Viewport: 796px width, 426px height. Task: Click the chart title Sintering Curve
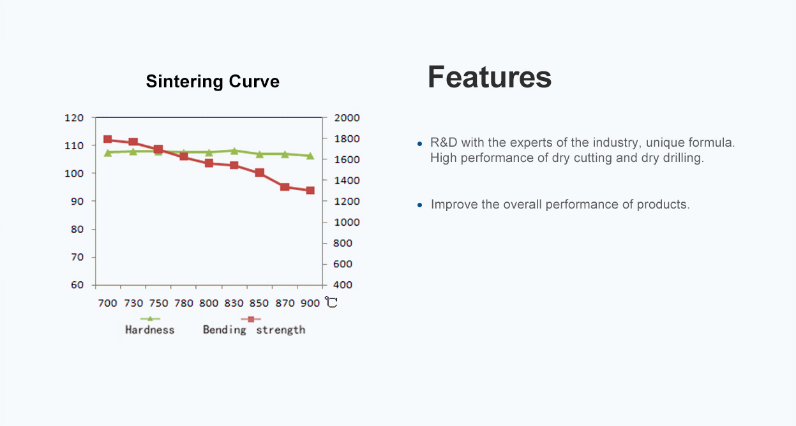point(213,82)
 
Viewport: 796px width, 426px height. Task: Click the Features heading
point(489,77)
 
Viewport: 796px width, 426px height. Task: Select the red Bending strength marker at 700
point(108,140)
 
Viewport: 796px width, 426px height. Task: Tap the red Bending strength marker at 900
point(310,190)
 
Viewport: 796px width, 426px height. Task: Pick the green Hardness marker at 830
point(234,151)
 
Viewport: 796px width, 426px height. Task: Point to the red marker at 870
point(285,187)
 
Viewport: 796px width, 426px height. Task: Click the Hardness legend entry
point(149,329)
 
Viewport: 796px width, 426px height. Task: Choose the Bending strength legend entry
point(253,329)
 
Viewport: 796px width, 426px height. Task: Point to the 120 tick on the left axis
point(74,118)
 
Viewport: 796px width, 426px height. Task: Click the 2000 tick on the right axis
point(347,118)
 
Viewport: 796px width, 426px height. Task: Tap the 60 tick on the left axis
point(77,285)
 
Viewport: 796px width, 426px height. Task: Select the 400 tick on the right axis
point(343,285)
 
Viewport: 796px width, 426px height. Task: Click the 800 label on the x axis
point(209,303)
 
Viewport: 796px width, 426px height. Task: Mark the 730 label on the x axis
point(133,303)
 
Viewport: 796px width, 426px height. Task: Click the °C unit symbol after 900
point(331,302)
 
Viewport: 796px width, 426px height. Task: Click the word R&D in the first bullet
point(444,142)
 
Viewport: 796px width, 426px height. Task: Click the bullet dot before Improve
point(420,205)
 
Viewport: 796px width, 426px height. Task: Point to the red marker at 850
point(259,173)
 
